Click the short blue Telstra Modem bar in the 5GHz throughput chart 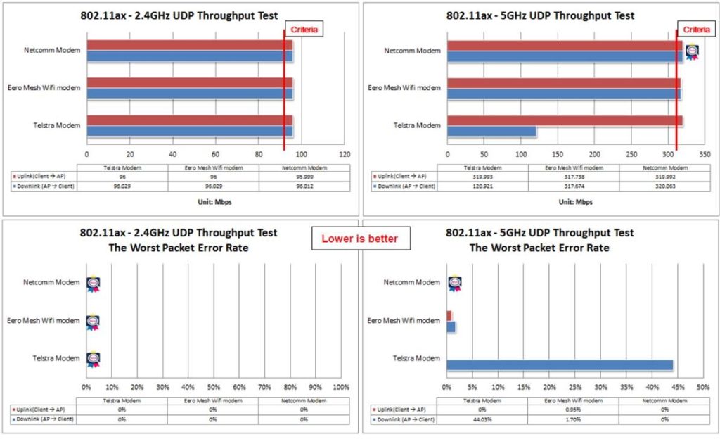[x=491, y=131]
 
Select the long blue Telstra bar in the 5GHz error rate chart [x=559, y=364]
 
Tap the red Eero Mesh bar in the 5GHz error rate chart [x=449, y=315]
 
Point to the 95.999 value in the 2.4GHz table [x=303, y=177]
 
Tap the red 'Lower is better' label [x=359, y=239]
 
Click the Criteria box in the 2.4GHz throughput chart [x=304, y=30]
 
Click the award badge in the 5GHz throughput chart [x=692, y=53]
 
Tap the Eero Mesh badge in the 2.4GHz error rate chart [x=93, y=322]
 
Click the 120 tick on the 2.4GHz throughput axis [x=345, y=153]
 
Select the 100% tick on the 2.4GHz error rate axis [x=341, y=387]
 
